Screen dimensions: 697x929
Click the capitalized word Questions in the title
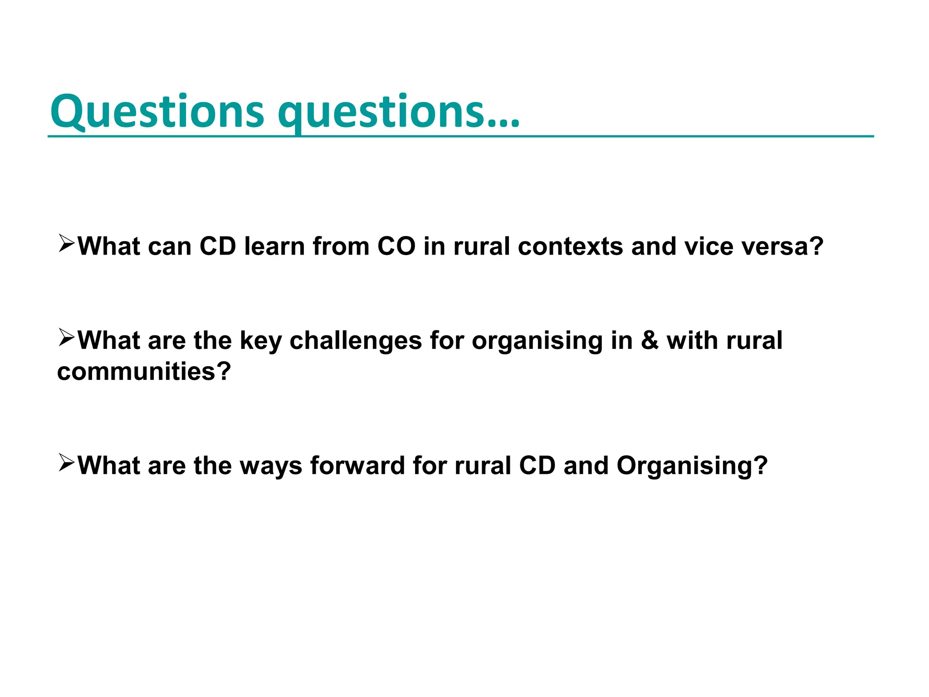[x=156, y=111]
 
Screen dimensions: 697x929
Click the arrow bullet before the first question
[x=66, y=244]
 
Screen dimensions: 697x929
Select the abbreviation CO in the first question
[x=396, y=246]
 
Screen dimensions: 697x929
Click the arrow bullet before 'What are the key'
[x=66, y=338]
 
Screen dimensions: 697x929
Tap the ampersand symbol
[x=650, y=340]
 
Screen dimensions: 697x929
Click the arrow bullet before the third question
[x=66, y=463]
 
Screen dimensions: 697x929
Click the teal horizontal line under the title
[x=680, y=136]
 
